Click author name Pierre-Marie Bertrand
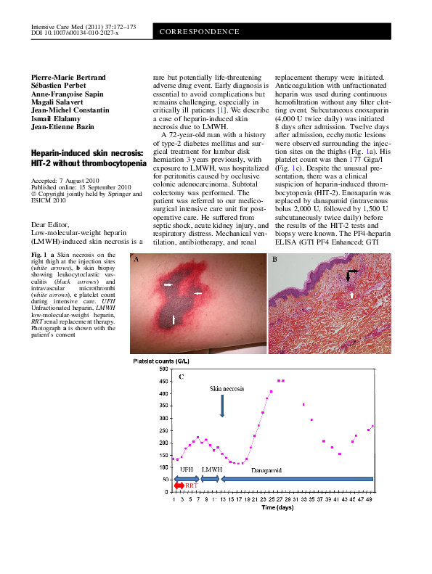pos(70,77)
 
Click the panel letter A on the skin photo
pos(136,239)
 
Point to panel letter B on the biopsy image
pos(274,239)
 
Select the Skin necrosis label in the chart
pos(227,389)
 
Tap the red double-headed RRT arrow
pos(179,485)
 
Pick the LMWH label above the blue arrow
pos(211,470)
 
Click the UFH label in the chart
pos(187,470)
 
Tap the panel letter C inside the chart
pos(181,377)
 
